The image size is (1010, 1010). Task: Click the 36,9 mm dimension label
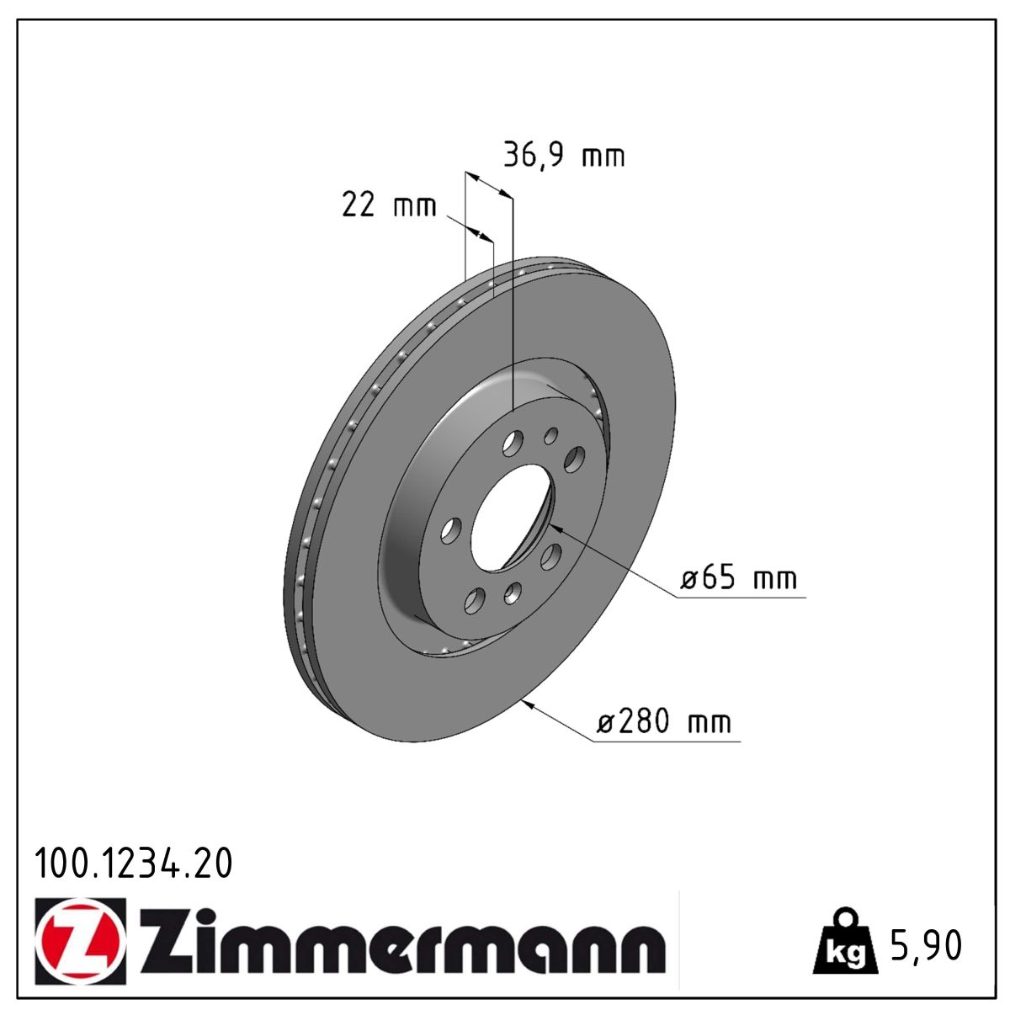click(564, 156)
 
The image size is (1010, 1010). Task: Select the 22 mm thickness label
click(389, 205)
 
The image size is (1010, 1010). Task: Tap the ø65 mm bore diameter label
click(739, 579)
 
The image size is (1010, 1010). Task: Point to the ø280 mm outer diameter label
click(664, 723)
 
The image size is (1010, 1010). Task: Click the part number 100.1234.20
click(133, 864)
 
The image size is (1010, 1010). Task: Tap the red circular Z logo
click(80, 941)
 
